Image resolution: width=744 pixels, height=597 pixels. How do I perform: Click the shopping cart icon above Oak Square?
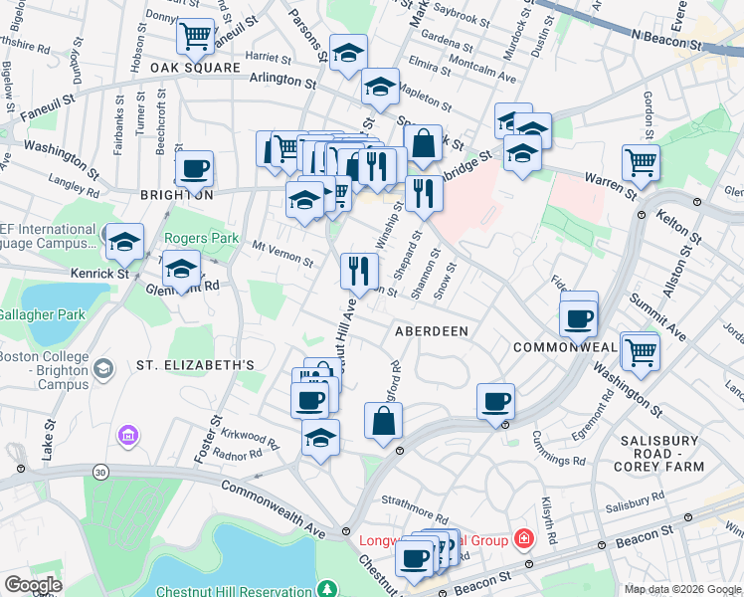(x=196, y=37)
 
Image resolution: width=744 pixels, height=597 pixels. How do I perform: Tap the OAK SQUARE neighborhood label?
(x=197, y=68)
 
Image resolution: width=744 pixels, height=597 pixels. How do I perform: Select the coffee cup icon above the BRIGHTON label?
(x=194, y=167)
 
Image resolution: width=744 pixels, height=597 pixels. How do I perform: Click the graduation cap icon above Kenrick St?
(x=125, y=241)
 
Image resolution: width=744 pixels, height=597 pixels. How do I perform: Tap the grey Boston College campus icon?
(x=102, y=370)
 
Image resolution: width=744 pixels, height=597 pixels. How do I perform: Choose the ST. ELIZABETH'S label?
(x=196, y=365)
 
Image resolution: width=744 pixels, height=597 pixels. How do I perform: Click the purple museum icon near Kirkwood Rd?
(x=127, y=435)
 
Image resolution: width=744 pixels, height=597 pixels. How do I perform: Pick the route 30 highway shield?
(x=101, y=471)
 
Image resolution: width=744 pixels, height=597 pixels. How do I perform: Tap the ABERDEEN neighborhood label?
(x=432, y=330)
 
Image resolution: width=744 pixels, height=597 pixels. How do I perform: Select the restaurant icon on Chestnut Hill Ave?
(x=359, y=269)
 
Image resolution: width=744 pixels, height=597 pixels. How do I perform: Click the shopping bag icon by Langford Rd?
(x=384, y=421)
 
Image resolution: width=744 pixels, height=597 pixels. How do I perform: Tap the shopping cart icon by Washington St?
(x=641, y=350)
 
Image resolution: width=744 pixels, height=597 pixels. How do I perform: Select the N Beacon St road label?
(x=675, y=37)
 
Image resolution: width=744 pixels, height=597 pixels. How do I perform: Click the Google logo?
(x=33, y=585)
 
